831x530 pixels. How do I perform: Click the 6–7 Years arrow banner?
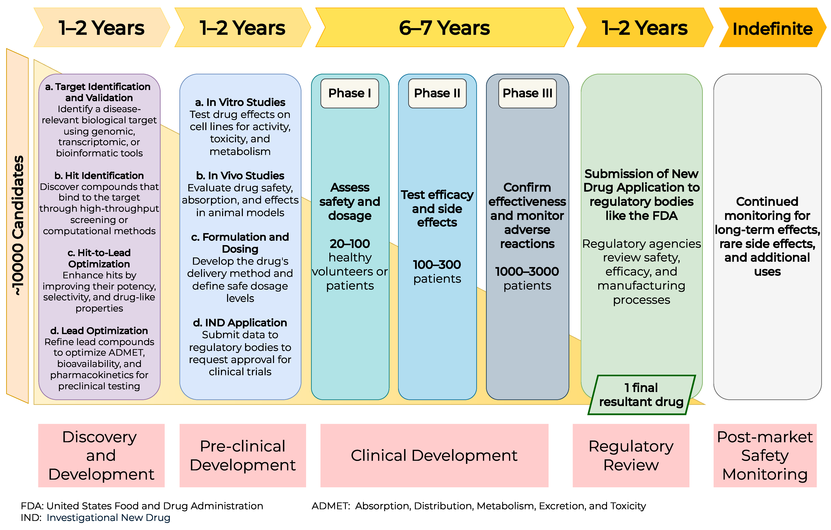pyautogui.click(x=445, y=27)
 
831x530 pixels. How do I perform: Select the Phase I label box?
pyautogui.click(x=350, y=93)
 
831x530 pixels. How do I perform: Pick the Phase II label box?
pyautogui.click(x=437, y=93)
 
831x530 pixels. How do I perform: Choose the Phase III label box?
pyautogui.click(x=527, y=93)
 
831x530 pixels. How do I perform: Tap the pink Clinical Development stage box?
pyautogui.click(x=434, y=455)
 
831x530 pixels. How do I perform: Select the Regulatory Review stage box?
pyautogui.click(x=631, y=455)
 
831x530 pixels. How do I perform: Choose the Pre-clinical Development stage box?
pyautogui.click(x=243, y=455)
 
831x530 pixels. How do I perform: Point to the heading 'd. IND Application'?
pyautogui.click(x=240, y=323)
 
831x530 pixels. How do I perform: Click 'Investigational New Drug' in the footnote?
pyautogui.click(x=108, y=517)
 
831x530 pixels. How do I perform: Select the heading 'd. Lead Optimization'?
pyautogui.click(x=99, y=331)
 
